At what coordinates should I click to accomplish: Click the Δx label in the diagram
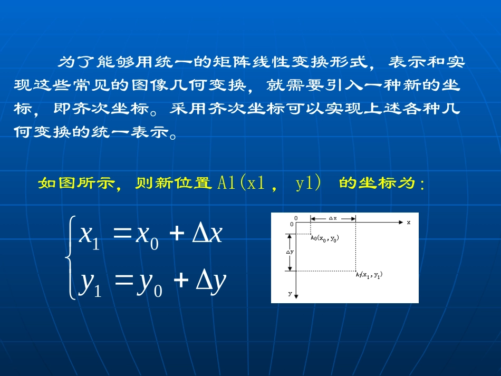[x=333, y=218]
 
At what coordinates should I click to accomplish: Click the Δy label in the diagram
[x=290, y=252]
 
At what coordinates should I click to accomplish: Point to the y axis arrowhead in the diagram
[x=297, y=296]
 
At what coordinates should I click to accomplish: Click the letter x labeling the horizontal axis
[x=408, y=223]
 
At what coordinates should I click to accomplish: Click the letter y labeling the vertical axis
[x=290, y=294]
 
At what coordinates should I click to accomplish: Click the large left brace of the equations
[x=70, y=258]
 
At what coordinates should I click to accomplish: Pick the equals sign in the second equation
[x=121, y=281]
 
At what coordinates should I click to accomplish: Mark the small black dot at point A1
[x=355, y=271]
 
